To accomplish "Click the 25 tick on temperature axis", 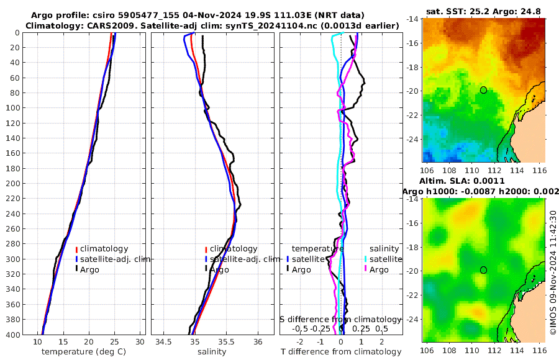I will tap(114, 342).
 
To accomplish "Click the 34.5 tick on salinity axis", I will tap(163, 342).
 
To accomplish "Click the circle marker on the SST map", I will tap(483, 90).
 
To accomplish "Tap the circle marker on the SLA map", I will tap(483, 270).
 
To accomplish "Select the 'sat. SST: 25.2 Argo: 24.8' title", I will tap(484, 12).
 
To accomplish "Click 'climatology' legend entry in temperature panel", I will tap(104, 248).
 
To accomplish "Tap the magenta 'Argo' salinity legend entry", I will tap(379, 269).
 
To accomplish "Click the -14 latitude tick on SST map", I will tap(412, 19).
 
